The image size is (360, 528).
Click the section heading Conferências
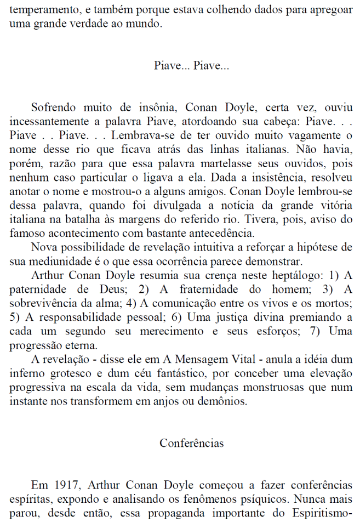(x=191, y=442)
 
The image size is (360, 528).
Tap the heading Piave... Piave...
(x=191, y=66)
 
